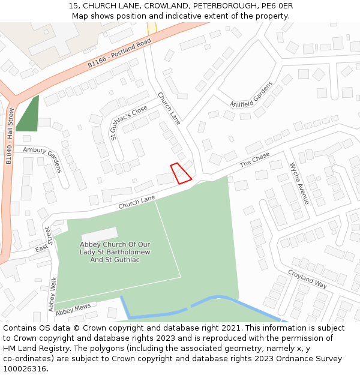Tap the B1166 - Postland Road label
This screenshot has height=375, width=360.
(119, 54)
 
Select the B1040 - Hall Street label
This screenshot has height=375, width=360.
(10, 136)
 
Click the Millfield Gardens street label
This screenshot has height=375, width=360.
(251, 95)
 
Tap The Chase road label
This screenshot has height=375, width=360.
(254, 160)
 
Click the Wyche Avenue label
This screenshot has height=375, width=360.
(299, 183)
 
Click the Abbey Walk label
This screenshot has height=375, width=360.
(52, 293)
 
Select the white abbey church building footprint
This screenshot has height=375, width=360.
(100, 233)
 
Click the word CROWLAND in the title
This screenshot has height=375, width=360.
(165, 5)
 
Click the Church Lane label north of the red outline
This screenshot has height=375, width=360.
(169, 108)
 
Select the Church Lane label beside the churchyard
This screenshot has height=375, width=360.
(136, 202)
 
